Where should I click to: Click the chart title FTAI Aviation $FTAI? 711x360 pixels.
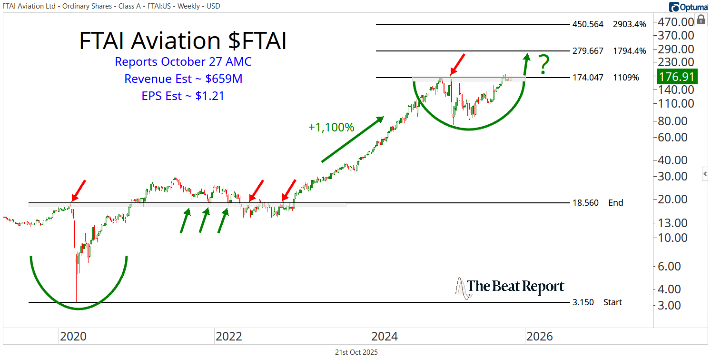(x=183, y=41)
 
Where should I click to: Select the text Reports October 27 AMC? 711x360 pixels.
(x=183, y=62)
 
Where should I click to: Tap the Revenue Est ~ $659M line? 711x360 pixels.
(x=183, y=79)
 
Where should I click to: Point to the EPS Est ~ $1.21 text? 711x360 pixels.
(x=183, y=96)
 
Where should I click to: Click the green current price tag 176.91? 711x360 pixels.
(x=676, y=77)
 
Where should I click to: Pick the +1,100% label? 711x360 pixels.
(x=331, y=127)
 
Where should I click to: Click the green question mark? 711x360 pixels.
(x=544, y=65)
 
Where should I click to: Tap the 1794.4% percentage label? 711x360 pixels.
(x=630, y=51)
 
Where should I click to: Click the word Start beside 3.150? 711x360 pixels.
(x=612, y=302)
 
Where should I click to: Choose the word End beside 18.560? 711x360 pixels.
(x=615, y=203)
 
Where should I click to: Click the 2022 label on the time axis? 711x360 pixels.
(x=229, y=337)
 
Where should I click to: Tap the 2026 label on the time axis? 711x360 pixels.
(x=540, y=337)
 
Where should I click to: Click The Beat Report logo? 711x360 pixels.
(x=510, y=287)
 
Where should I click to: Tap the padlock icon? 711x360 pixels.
(x=701, y=20)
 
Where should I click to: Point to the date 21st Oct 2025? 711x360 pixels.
(x=356, y=353)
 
